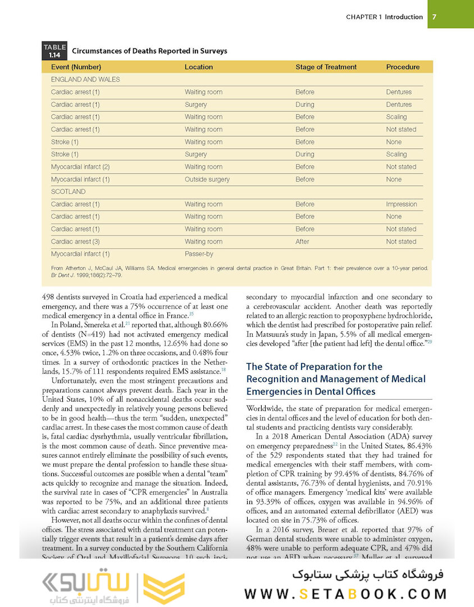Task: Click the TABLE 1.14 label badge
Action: click(54, 51)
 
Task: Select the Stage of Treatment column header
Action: click(326, 67)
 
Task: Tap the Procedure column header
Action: click(403, 67)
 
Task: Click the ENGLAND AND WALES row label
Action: click(85, 80)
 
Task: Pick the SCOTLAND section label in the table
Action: click(68, 192)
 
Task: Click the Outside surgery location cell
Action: click(207, 180)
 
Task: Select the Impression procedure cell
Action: click(402, 205)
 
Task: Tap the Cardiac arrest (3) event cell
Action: click(75, 242)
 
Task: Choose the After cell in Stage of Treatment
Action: click(302, 242)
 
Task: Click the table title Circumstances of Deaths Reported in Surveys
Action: click(149, 51)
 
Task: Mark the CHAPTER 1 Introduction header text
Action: click(384, 17)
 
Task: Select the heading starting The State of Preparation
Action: click(336, 379)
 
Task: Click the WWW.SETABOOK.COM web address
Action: click(345, 594)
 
